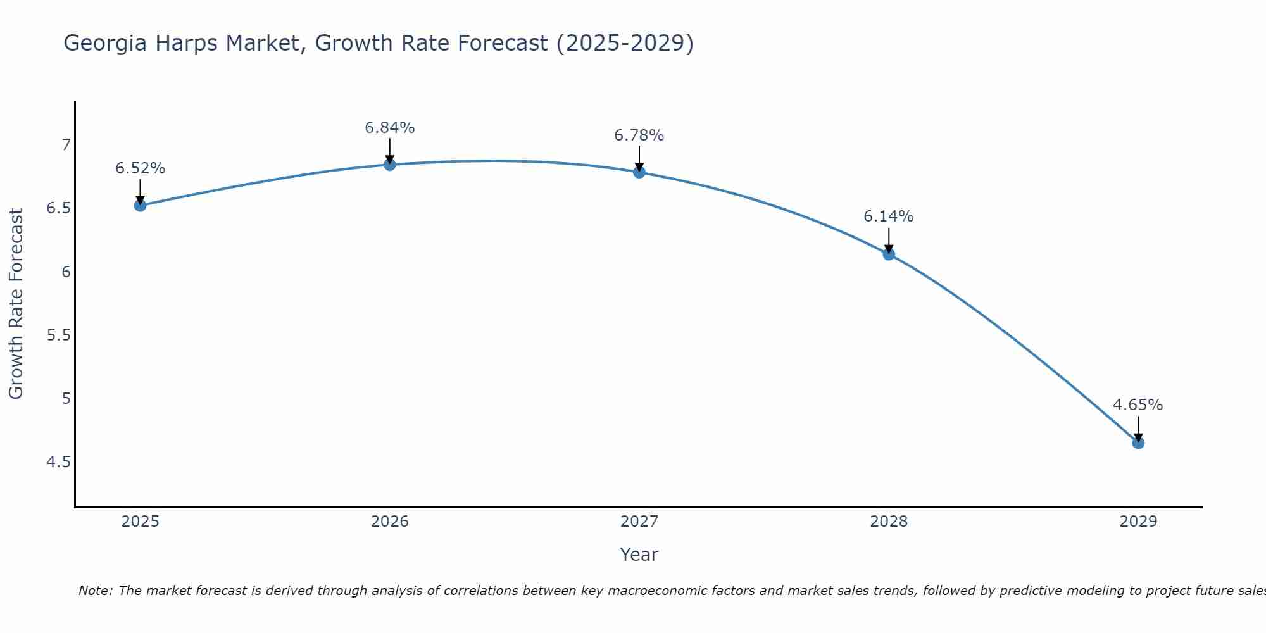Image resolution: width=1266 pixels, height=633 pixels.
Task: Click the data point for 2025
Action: [x=141, y=205]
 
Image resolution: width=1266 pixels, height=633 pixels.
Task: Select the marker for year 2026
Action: [x=390, y=165]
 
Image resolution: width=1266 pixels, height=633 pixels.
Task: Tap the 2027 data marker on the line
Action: [x=639, y=172]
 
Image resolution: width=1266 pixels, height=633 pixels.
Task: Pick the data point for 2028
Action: [x=889, y=254]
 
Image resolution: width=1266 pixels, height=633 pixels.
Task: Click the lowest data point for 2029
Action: [x=1138, y=443]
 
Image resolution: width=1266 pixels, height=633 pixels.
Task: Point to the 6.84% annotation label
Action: [x=390, y=128]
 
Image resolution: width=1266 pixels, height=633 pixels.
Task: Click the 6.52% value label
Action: [x=141, y=168]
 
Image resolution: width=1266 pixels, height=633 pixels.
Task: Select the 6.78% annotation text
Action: [x=639, y=135]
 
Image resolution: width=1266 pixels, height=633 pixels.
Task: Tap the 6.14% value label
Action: [x=889, y=216]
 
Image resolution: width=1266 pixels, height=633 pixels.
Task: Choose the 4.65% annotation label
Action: [x=1138, y=405]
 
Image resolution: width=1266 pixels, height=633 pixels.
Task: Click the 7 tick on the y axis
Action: [x=66, y=145]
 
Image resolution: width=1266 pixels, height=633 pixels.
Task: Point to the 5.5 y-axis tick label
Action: [x=59, y=335]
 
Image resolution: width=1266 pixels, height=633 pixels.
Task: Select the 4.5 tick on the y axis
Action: [x=59, y=462]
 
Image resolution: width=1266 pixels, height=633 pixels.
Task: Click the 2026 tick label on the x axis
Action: [x=390, y=522]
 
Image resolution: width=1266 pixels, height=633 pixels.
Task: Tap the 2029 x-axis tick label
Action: [x=1138, y=522]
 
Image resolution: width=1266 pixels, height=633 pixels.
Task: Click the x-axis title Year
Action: [x=639, y=555]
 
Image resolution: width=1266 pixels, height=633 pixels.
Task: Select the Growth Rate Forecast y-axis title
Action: [x=16, y=304]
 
